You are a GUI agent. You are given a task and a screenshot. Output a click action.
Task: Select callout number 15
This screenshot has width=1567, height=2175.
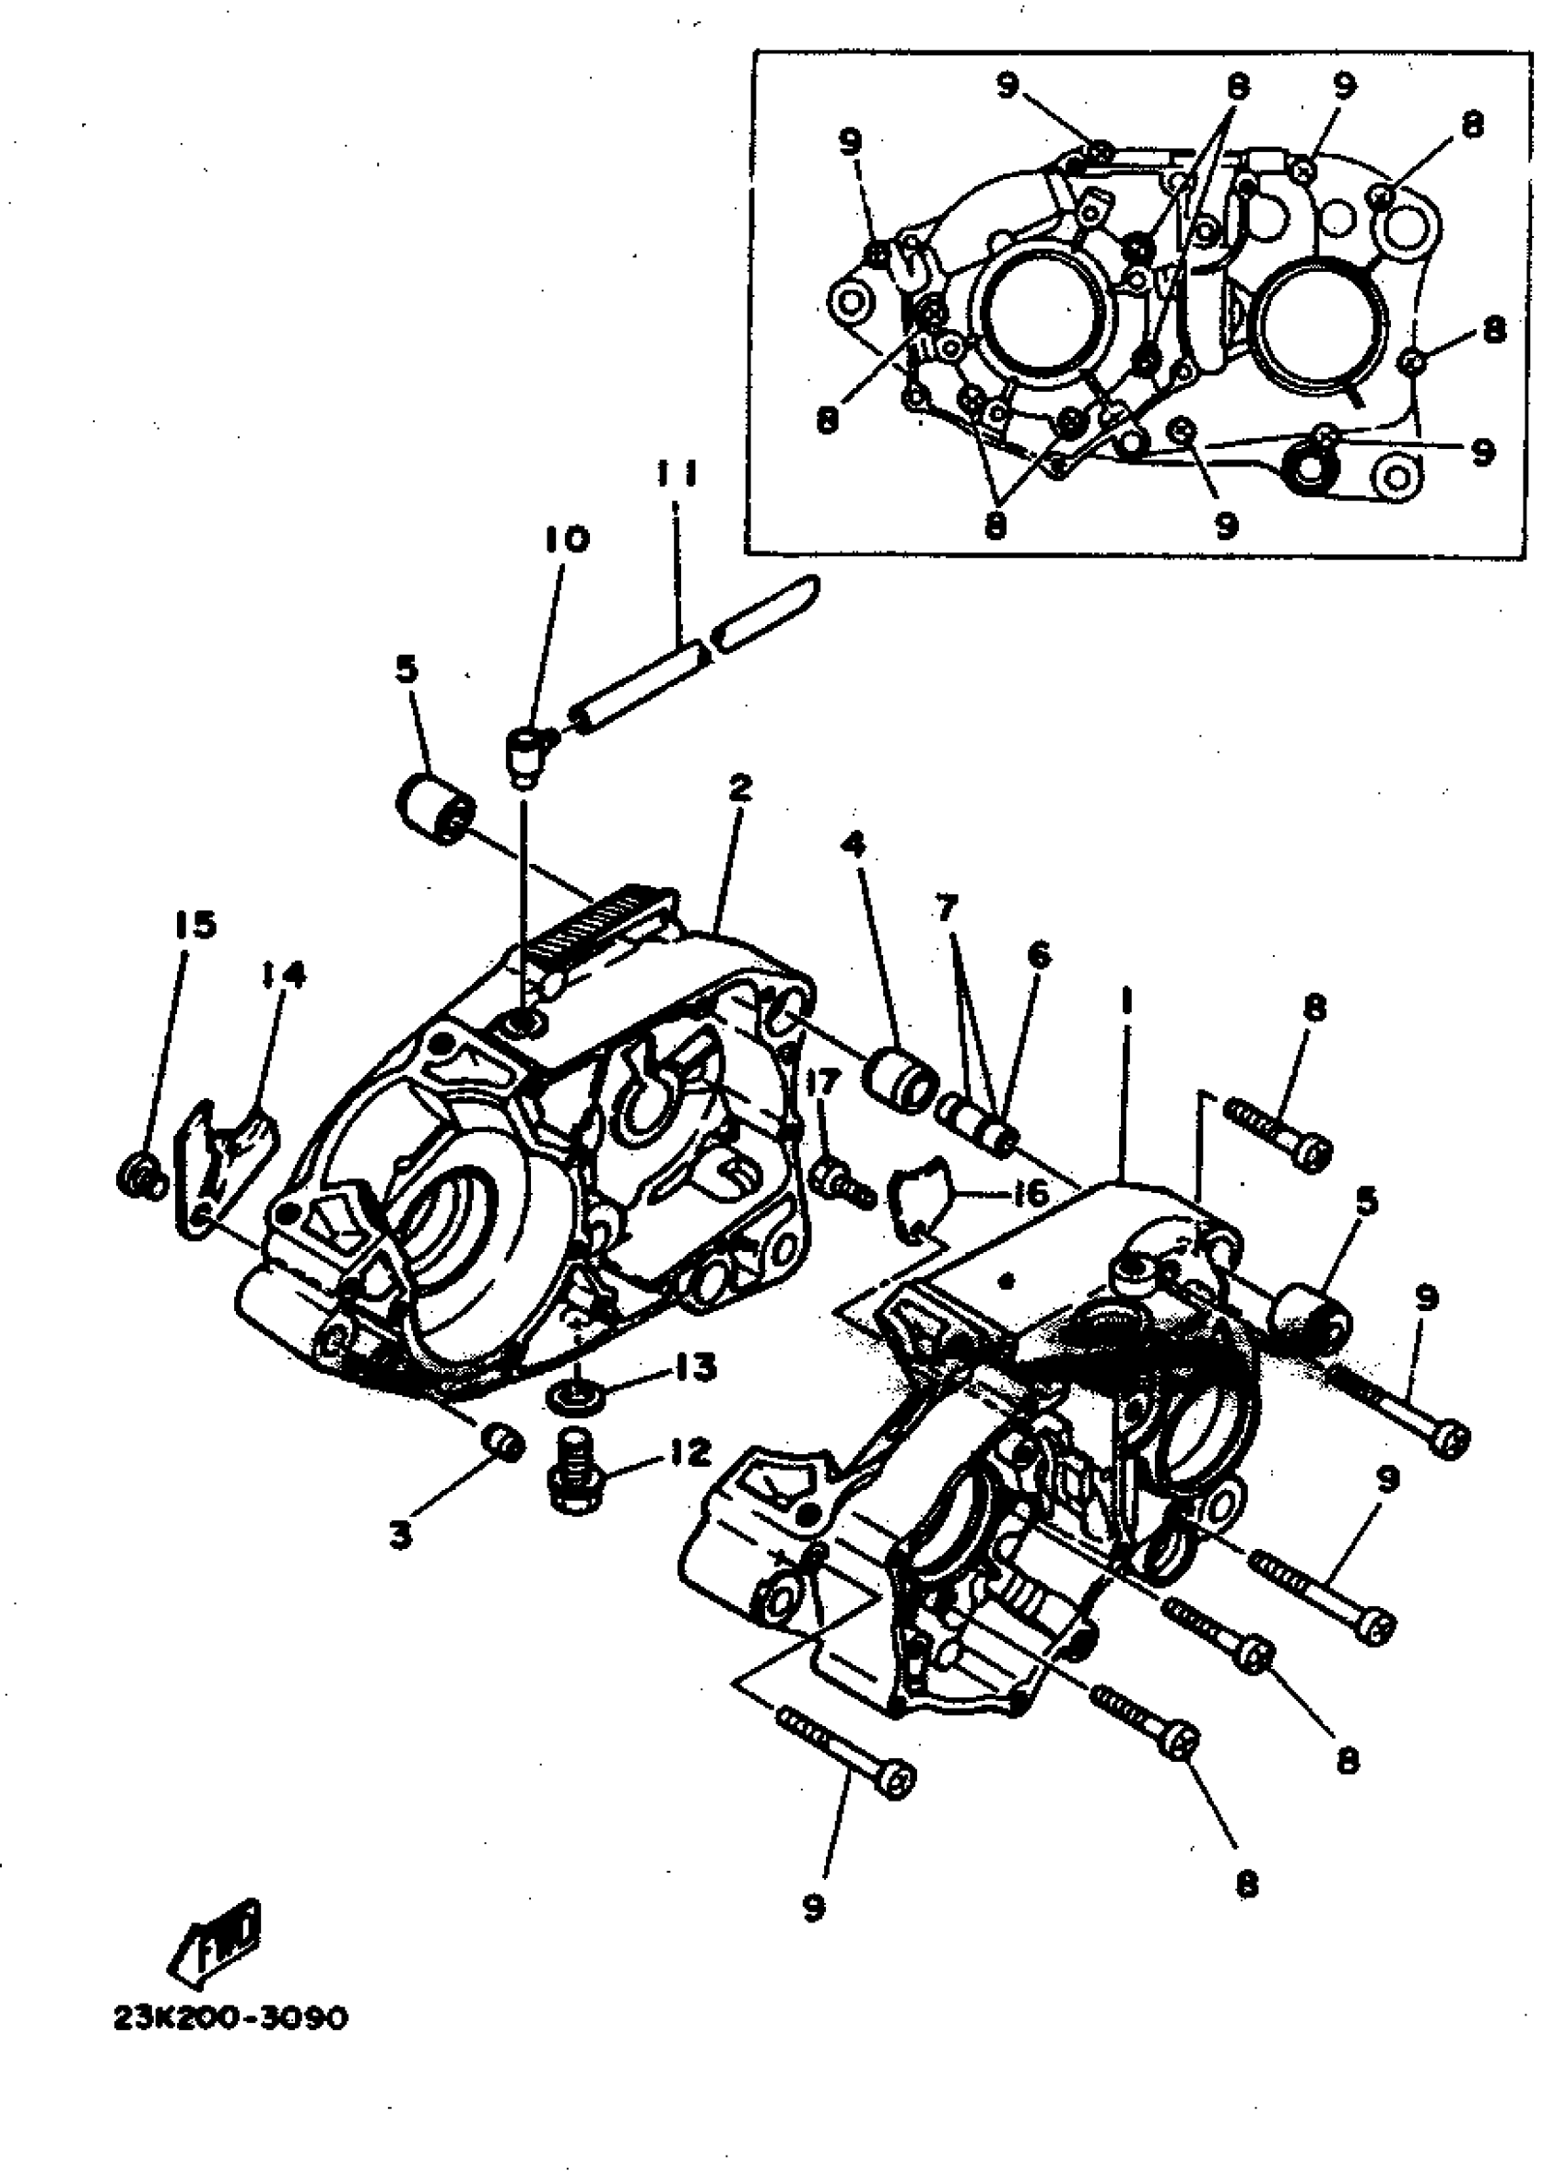coord(194,926)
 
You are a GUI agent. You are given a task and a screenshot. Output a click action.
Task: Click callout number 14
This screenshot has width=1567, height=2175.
coord(282,975)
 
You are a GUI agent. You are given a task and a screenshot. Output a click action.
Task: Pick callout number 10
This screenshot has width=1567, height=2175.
coord(566,540)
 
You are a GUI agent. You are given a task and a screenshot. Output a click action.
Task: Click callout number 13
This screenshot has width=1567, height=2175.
coord(695,1367)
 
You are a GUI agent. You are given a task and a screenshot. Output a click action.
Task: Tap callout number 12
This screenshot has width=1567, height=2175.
coord(689,1452)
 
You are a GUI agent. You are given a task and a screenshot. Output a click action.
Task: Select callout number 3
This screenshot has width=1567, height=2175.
coord(400,1534)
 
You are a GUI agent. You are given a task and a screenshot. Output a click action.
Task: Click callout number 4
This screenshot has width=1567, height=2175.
coord(853,845)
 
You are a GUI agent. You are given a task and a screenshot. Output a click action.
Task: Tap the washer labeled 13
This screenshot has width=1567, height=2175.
coord(574,1396)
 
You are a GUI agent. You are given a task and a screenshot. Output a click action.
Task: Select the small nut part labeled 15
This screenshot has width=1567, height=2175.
coord(141,1176)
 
